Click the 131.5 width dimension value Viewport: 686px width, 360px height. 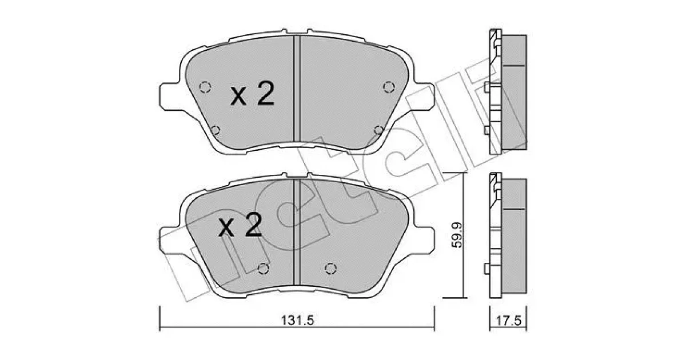297,321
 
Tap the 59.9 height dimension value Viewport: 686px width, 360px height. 457,235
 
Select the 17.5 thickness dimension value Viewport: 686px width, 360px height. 508,321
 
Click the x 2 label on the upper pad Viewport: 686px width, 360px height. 252,94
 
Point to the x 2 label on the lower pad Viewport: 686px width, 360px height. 240,225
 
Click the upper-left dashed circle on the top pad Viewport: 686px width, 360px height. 205,87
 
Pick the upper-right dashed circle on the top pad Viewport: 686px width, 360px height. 389,87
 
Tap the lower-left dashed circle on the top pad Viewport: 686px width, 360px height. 216,130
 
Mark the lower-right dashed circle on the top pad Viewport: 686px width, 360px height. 379,130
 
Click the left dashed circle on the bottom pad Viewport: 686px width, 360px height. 263,269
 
